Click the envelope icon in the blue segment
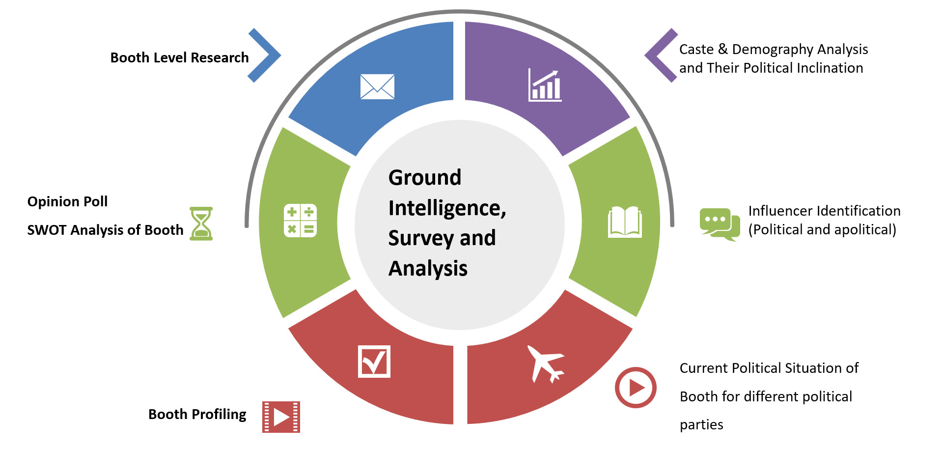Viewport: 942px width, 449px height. pyautogui.click(x=377, y=86)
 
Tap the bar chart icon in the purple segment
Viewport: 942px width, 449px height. pyautogui.click(x=545, y=85)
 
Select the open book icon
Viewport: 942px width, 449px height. pyautogui.click(x=625, y=222)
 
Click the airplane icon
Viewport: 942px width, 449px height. pyautogui.click(x=546, y=364)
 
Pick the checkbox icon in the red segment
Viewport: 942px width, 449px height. pyautogui.click(x=374, y=362)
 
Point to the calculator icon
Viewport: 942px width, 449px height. pyautogui.click(x=300, y=221)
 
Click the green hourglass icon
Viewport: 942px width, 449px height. pyautogui.click(x=201, y=224)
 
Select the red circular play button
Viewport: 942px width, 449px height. pyautogui.click(x=636, y=388)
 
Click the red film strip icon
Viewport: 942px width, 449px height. pyautogui.click(x=281, y=417)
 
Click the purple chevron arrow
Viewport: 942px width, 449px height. pyautogui.click(x=661, y=56)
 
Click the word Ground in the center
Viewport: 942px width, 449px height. pyautogui.click(x=425, y=177)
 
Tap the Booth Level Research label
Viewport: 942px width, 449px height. pyautogui.click(x=179, y=58)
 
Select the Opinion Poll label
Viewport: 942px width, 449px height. pyautogui.click(x=67, y=201)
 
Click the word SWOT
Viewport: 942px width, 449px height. pyautogui.click(x=47, y=230)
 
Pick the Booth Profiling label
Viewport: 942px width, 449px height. pyautogui.click(x=197, y=415)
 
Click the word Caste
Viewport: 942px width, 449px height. pyautogui.click(x=696, y=50)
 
